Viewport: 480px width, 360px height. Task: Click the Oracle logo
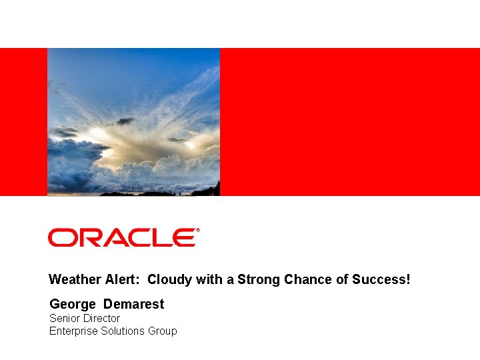coord(122,237)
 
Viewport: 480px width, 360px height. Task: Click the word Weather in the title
coord(73,280)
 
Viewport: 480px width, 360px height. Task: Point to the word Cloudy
coord(170,280)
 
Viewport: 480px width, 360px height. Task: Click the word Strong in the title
coord(259,280)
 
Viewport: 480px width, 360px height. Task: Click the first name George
coord(73,305)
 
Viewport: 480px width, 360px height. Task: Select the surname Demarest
coord(133,305)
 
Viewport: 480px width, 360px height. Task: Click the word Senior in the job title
coord(65,319)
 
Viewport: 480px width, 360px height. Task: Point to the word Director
coord(101,319)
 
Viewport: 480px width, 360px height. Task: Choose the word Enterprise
coord(73,331)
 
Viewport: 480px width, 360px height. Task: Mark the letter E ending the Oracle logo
coord(185,237)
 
